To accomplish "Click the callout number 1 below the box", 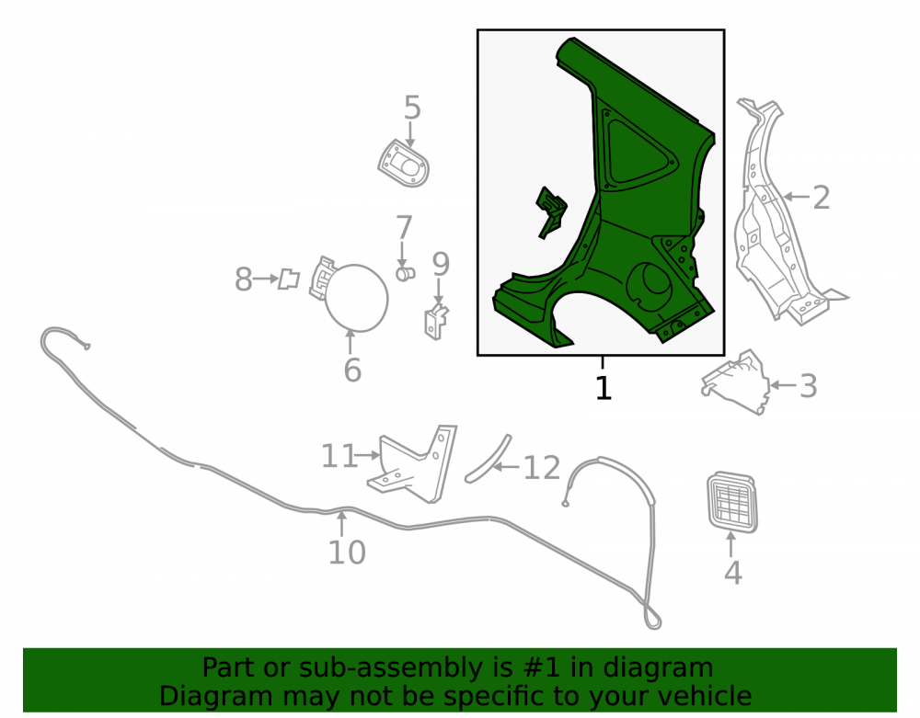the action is tap(604, 388).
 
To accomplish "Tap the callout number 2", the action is tap(822, 198).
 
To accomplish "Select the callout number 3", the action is tap(809, 386).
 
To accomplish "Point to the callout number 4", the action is tap(733, 573).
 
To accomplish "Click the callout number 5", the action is tap(412, 108).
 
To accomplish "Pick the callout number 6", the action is tap(352, 370).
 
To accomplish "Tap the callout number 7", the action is tap(404, 227).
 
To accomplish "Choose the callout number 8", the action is tap(244, 279).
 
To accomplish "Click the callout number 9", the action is tap(441, 265).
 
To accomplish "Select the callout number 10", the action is tap(347, 553).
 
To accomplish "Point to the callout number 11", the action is tap(339, 456).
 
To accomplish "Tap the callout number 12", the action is tap(542, 468).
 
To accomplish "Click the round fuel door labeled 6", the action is tap(356, 298).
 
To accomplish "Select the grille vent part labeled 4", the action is tap(732, 502).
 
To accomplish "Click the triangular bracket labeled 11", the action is tap(413, 464).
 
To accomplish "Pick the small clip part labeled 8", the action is tap(289, 279).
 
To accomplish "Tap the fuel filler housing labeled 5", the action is tap(404, 164).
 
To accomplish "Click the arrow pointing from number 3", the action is tap(783, 386).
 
